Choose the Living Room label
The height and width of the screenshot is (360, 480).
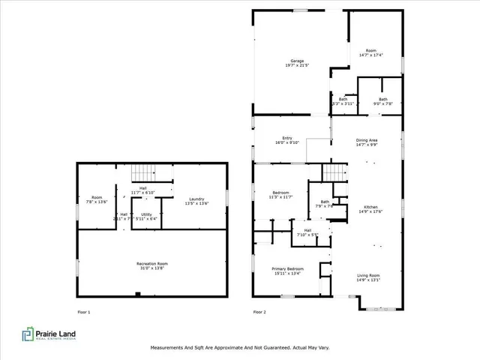[x=367, y=277]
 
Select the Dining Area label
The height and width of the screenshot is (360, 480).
[x=366, y=141]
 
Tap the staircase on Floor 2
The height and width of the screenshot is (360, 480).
[x=335, y=172]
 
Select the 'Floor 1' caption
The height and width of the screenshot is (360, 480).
[x=84, y=311]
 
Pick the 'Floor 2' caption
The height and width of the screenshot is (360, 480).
[x=259, y=311]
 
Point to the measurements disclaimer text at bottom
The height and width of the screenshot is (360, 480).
[x=239, y=348]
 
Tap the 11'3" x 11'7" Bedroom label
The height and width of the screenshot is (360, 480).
[x=280, y=196]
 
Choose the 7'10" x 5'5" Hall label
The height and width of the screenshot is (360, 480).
[x=307, y=232]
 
